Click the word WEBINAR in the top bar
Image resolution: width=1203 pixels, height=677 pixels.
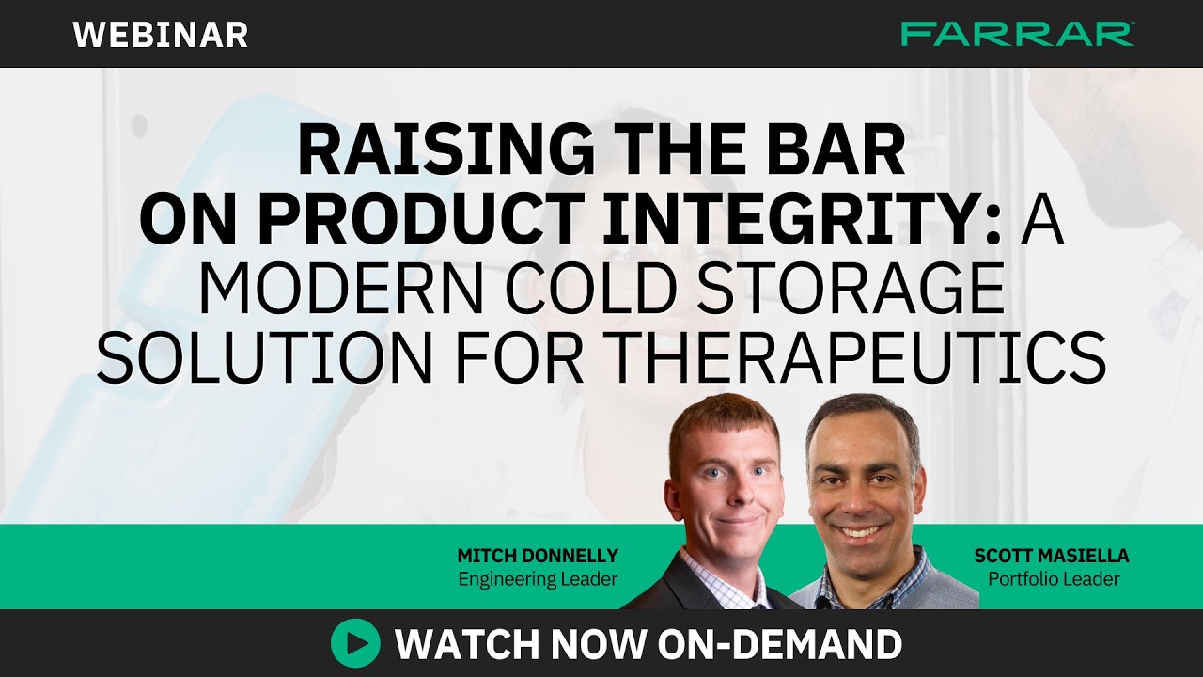pos(161,35)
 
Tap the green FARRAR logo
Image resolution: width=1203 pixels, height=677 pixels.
pos(1017,35)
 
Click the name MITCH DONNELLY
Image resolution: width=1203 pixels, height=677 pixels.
pos(538,556)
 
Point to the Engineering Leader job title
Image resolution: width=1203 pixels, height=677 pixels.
pos(538,579)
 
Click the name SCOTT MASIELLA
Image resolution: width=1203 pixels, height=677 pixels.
pos(1053,556)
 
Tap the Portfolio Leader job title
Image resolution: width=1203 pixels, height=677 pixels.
pos(1053,579)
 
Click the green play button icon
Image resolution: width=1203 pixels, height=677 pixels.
pos(355,644)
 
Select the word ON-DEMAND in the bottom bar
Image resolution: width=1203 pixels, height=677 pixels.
pos(779,644)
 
